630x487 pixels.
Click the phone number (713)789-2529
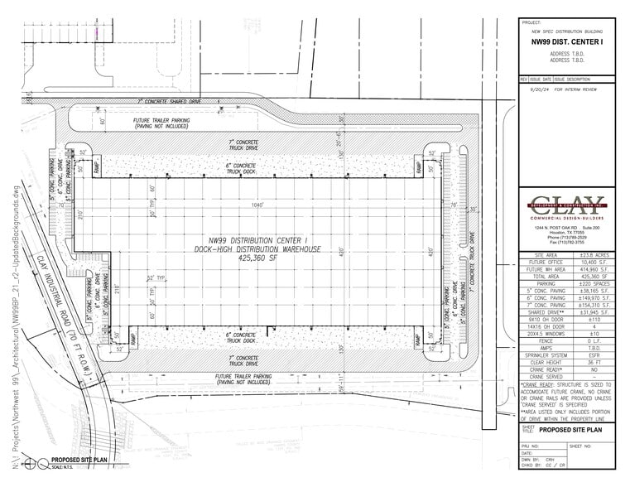571,236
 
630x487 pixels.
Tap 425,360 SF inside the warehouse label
264,258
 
